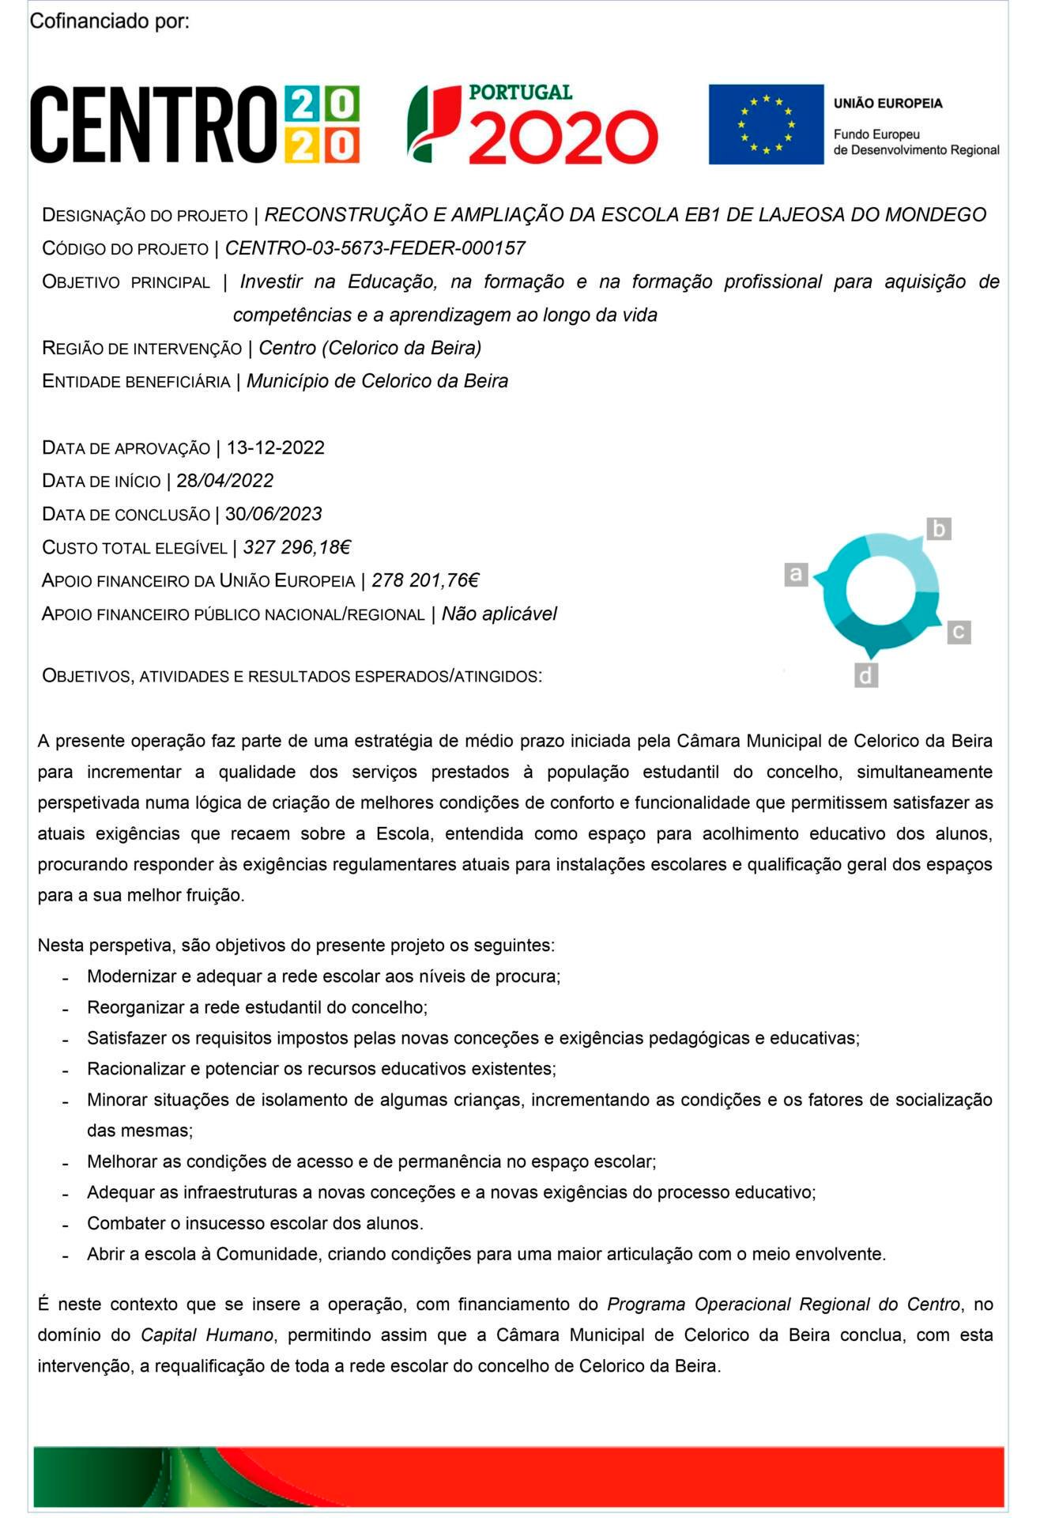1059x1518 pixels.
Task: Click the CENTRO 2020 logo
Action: pos(194,124)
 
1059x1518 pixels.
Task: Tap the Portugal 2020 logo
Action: pos(532,124)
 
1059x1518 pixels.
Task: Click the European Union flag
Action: pos(765,124)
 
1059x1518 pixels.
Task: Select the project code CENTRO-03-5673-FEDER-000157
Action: pos(375,248)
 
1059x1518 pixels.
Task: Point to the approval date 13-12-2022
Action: pos(275,447)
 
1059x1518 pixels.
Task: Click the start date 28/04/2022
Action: pos(224,481)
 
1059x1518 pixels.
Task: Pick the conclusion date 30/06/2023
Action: pos(273,514)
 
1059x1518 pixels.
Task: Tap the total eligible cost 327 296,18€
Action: pos(296,547)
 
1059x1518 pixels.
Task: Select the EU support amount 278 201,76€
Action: pos(425,580)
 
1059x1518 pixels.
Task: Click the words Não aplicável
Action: pos(499,614)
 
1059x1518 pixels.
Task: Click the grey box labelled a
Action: pos(796,574)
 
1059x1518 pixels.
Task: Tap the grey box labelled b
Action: pos(938,528)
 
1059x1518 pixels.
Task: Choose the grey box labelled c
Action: pos(959,632)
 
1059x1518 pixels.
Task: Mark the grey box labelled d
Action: pos(866,676)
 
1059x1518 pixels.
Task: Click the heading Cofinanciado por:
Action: pos(109,21)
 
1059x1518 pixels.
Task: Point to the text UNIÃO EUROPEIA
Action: pos(888,104)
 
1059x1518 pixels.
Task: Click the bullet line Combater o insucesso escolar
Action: pos(254,1223)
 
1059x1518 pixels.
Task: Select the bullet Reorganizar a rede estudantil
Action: pos(257,1007)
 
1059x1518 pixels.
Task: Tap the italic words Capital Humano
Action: pos(206,1335)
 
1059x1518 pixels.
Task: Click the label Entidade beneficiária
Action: pos(135,382)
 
